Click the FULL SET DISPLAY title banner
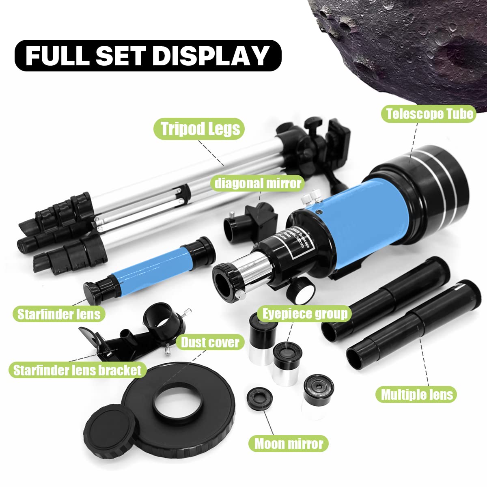tap(148, 56)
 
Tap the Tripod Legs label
tap(200, 129)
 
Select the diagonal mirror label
tap(258, 183)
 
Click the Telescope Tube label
tap(429, 114)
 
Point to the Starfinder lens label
tap(59, 314)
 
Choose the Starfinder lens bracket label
tap(77, 370)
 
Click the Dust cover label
tap(210, 343)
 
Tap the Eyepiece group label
tap(304, 314)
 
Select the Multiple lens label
tap(416, 394)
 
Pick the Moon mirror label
tap(289, 444)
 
